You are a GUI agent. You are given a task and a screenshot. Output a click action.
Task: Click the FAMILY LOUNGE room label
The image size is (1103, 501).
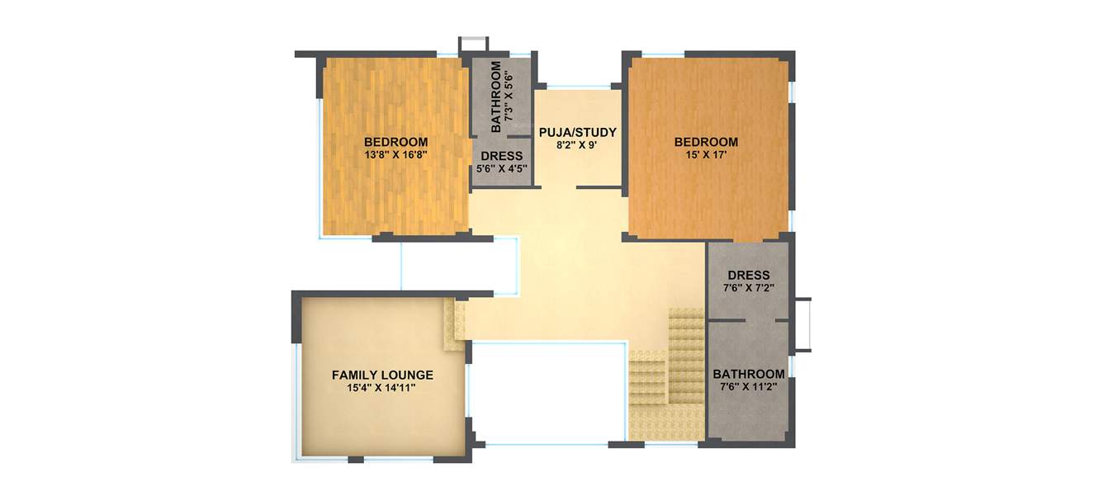click(382, 375)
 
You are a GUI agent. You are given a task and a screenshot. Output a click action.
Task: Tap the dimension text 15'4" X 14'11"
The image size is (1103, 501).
click(382, 387)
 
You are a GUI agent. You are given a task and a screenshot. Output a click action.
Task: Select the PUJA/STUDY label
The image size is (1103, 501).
click(577, 132)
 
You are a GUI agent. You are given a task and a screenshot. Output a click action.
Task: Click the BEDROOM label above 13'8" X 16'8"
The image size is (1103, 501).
click(395, 141)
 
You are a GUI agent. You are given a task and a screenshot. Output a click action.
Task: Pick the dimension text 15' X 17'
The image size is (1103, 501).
click(706, 154)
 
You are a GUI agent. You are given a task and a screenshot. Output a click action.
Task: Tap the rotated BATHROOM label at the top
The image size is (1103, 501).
click(496, 97)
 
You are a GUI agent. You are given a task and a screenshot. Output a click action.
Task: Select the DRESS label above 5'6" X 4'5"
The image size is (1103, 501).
click(501, 156)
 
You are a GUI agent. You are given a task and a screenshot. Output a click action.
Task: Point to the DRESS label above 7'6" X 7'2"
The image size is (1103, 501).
click(749, 276)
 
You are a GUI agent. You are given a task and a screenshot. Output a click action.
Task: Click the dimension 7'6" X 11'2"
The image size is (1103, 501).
click(749, 385)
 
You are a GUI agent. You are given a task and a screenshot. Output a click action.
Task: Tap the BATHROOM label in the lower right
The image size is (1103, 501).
click(749, 373)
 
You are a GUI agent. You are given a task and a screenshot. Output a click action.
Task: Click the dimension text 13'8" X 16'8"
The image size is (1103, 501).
click(395, 154)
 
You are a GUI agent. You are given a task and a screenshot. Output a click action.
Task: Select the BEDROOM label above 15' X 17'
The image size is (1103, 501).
click(706, 142)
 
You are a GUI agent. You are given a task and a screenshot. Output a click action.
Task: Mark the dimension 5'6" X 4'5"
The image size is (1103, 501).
click(501, 168)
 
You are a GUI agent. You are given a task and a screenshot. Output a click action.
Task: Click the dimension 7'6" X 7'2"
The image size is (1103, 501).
click(749, 288)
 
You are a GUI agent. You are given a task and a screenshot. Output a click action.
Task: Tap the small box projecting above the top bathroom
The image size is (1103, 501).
click(473, 44)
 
